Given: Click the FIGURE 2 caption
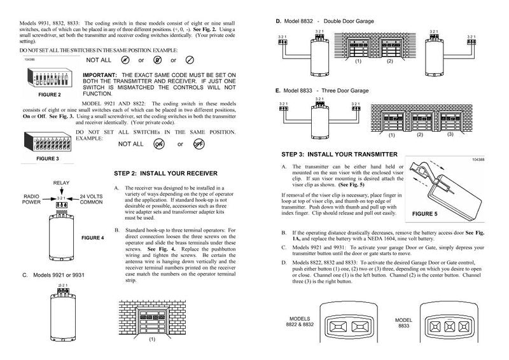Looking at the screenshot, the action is [x=50, y=95].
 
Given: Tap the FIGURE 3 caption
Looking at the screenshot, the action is [x=47, y=159].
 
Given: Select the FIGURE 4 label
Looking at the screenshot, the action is [x=92, y=238].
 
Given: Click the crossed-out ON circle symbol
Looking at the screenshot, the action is [x=158, y=144].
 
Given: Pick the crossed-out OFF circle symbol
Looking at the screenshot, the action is [x=199, y=144].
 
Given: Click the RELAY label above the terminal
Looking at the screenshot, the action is [x=61, y=183].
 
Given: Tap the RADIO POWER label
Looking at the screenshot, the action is [x=31, y=199].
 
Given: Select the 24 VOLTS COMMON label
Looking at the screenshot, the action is [x=91, y=199].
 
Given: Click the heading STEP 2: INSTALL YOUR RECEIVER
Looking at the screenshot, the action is [x=165, y=174].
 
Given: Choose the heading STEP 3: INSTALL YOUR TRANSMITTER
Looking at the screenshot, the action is [x=339, y=155].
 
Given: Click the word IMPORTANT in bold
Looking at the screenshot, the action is [x=100, y=75].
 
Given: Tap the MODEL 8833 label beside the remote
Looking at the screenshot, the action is [x=403, y=322].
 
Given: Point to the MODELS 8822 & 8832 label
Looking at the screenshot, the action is [x=300, y=321].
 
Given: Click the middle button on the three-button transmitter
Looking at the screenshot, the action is [x=450, y=326].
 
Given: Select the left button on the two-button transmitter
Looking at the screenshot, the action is [x=338, y=326].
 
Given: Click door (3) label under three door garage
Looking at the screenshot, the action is [x=450, y=134].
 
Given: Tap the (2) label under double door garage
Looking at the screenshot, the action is [x=390, y=61].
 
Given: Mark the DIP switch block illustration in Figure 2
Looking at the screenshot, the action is [x=50, y=78].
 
